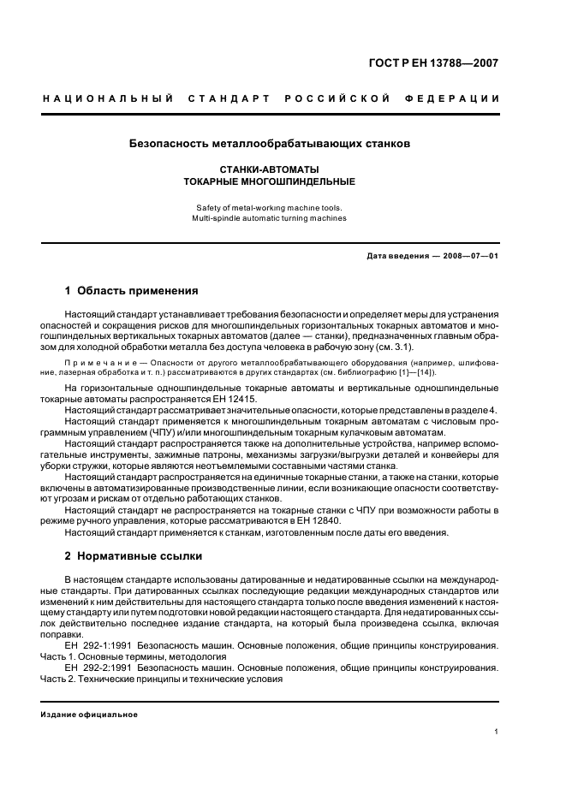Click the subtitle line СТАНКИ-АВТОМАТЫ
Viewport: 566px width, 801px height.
(270, 169)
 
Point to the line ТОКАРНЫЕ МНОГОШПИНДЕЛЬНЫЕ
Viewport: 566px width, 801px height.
(270, 181)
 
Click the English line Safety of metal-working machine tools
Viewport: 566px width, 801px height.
(270, 207)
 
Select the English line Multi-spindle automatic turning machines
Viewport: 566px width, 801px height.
(270, 218)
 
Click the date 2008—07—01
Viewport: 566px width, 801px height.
(469, 256)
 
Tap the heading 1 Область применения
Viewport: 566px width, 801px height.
(132, 291)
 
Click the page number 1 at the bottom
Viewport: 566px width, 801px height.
(497, 732)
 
